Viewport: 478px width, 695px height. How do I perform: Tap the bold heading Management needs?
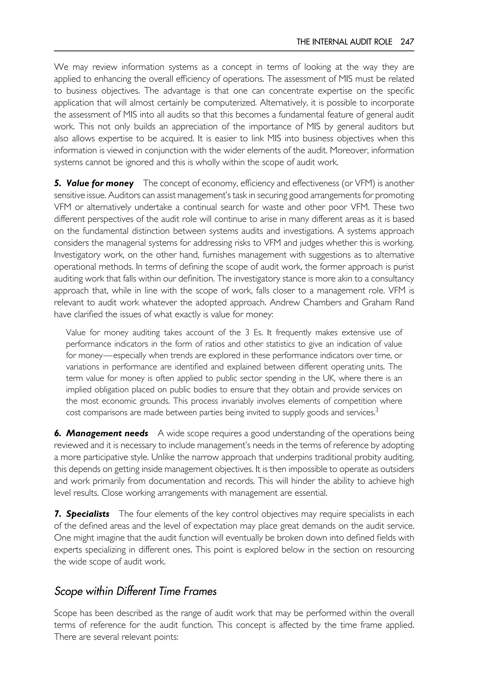pos(107,433)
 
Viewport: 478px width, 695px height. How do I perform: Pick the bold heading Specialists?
pos(88,514)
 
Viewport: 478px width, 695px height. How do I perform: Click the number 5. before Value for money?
pos(57,183)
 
